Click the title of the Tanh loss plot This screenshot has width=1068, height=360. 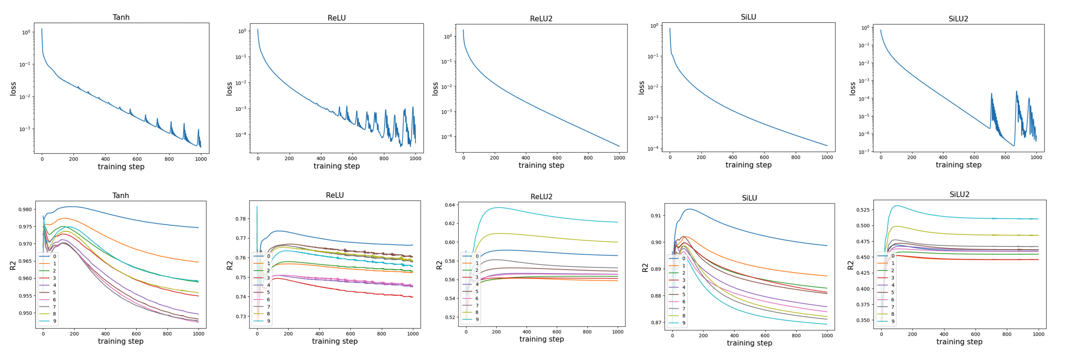tap(121, 17)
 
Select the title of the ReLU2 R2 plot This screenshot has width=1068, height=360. tap(541, 197)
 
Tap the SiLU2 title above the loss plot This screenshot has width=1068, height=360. tap(958, 19)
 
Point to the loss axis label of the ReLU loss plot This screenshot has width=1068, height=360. tap(229, 89)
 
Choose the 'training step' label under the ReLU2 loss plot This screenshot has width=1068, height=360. tap(541, 165)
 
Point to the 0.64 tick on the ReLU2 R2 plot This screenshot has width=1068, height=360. tap(450, 205)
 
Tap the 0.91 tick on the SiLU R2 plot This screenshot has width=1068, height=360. tap(656, 216)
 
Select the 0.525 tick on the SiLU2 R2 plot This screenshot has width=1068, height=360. tap(863, 210)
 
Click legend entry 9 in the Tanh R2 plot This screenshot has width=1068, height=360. tap(54, 321)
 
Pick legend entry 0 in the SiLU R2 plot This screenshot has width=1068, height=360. tap(684, 258)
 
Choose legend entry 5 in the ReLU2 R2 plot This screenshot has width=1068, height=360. tap(477, 291)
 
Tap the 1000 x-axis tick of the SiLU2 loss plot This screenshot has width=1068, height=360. tap(1036, 157)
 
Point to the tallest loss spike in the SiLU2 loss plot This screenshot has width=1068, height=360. tap(1016, 91)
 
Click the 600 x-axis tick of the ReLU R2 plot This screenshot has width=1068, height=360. tap(350, 333)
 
